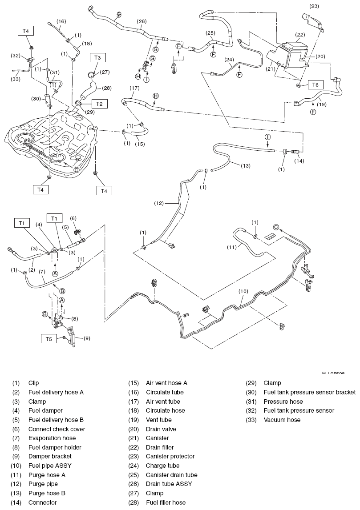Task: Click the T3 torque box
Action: [x=98, y=57]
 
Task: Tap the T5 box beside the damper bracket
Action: [x=49, y=339]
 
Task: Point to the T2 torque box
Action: [x=99, y=104]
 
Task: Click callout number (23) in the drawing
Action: [x=315, y=7]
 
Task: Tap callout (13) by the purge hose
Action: [x=246, y=166]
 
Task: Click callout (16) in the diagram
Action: [x=61, y=21]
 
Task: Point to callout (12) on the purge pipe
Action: [x=160, y=203]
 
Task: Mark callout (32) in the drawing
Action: [x=16, y=56]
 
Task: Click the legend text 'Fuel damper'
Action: [x=45, y=410]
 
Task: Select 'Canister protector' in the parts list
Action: [x=170, y=456]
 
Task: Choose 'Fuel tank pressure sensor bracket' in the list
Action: [x=309, y=392]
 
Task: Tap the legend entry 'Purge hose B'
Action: [x=47, y=493]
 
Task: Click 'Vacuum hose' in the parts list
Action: [x=282, y=420]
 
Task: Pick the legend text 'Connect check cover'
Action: [x=57, y=429]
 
